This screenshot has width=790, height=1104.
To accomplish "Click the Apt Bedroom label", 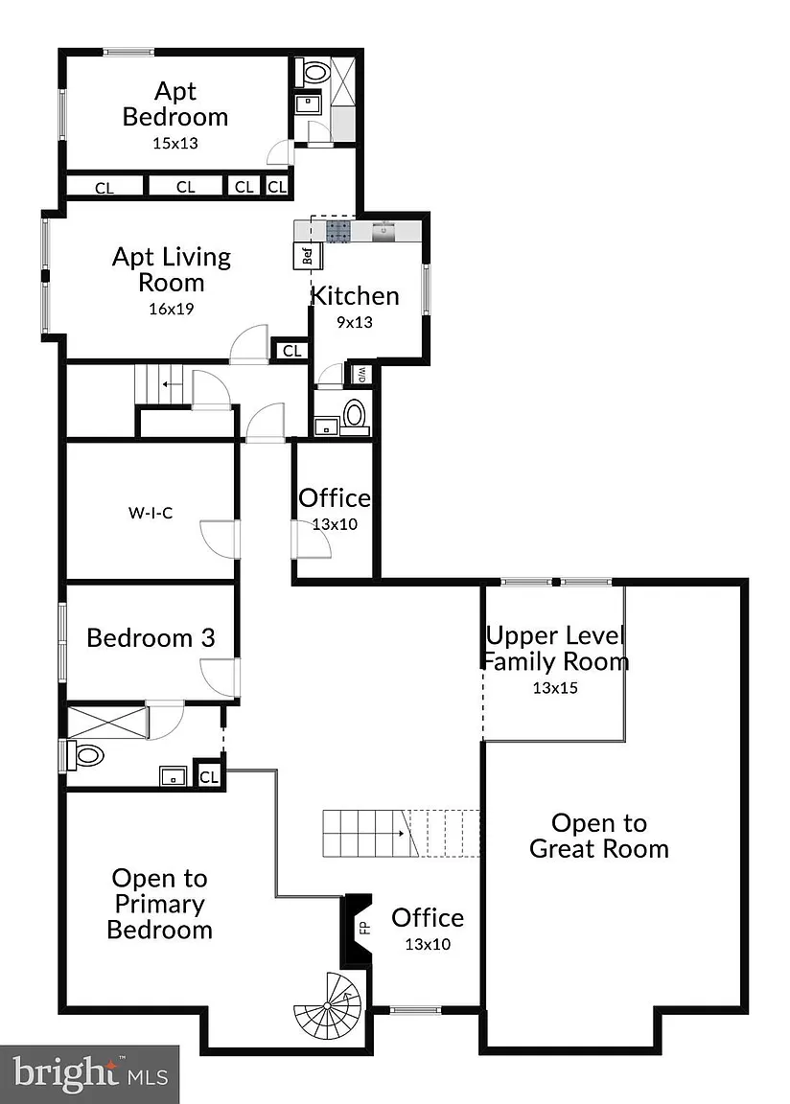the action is [175, 103].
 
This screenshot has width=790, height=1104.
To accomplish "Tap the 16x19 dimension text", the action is [171, 309].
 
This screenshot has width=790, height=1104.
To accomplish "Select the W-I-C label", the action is [151, 513].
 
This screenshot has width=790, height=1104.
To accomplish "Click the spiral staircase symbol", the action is [327, 1008].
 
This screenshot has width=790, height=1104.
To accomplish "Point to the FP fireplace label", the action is [364, 929].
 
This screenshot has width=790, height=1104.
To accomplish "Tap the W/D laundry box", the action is [360, 374].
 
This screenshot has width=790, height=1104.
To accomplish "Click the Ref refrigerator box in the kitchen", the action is [308, 256].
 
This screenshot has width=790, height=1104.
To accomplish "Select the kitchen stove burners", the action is [338, 231].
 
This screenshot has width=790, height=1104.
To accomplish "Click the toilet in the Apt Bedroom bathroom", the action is [314, 72].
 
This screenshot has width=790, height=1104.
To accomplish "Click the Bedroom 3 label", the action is [151, 638].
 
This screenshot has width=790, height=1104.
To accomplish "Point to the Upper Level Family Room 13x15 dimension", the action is [555, 688].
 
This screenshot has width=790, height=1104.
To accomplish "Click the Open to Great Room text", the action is [599, 836].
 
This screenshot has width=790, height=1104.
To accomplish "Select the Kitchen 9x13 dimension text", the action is [354, 322].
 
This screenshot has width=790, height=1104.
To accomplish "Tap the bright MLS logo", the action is [89, 1074].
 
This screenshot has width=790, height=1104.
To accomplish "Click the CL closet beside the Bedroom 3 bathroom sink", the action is [209, 777].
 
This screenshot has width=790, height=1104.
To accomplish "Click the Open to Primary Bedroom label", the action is [160, 904].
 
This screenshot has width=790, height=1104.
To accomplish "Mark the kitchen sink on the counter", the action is [383, 231].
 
